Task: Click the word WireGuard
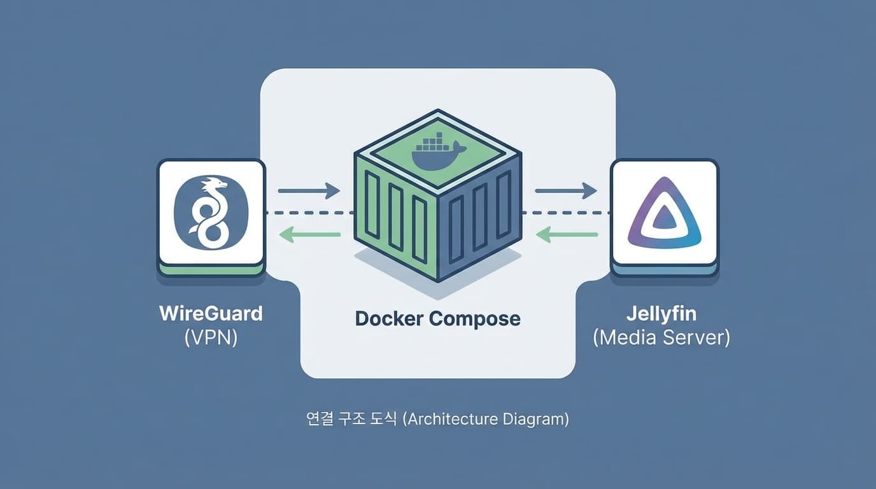[x=211, y=314]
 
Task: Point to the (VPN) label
[x=211, y=337]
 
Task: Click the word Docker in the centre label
[x=389, y=318]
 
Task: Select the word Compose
[x=475, y=318]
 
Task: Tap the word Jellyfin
[x=661, y=314]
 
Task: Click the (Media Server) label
[x=661, y=337]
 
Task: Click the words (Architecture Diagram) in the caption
[x=486, y=420]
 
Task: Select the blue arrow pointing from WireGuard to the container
[x=309, y=190]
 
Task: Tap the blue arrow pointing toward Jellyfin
[x=566, y=190]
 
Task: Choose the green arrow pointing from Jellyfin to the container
[x=567, y=235]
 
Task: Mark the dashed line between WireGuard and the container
[x=309, y=213]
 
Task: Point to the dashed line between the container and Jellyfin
[x=566, y=213]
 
